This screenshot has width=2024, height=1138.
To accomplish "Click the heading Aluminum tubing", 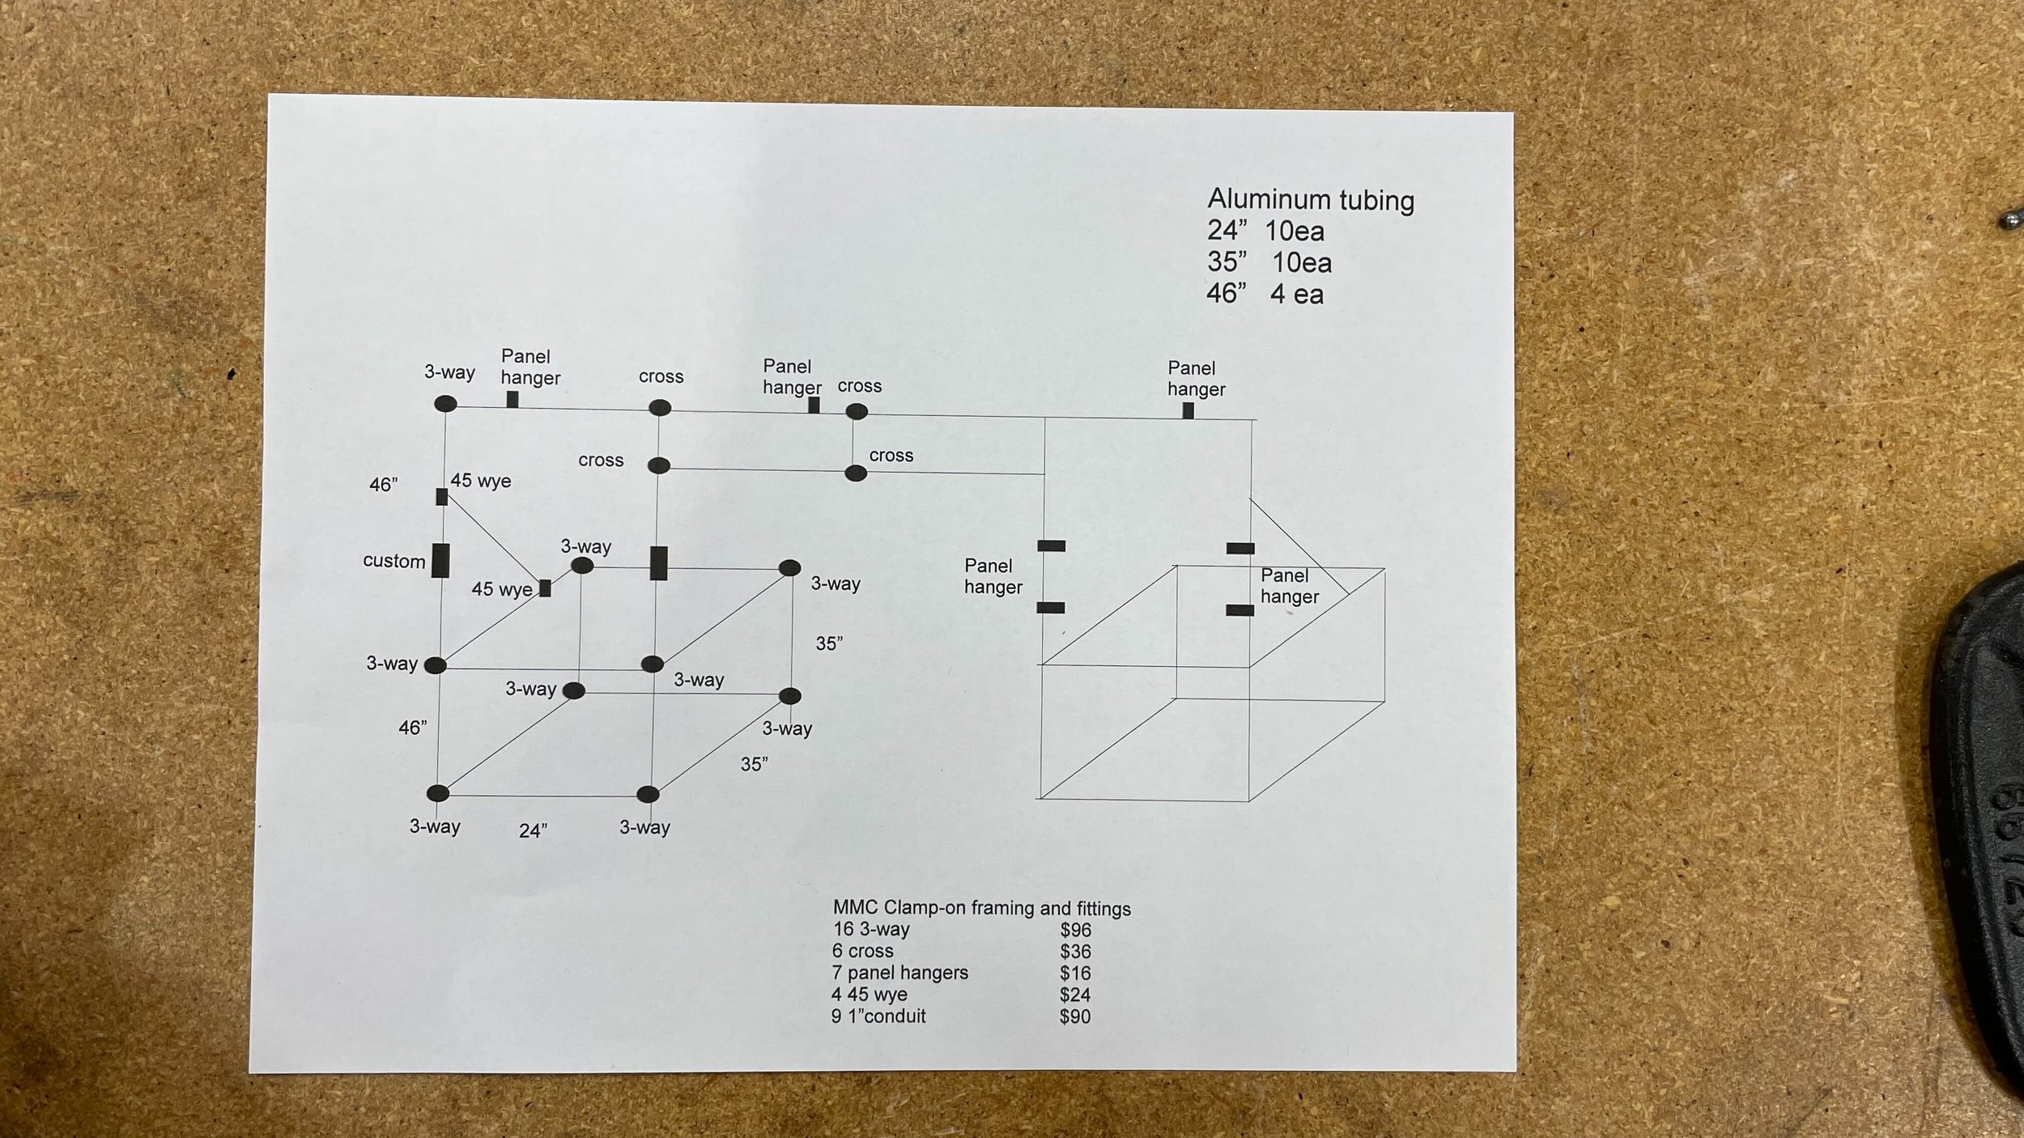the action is pos(1311,200).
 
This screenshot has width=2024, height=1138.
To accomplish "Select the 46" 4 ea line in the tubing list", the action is pos(1265,293).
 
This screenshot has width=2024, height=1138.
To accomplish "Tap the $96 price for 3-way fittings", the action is pos(1075,930).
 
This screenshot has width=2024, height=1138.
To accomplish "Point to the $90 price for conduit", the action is pos(1074,1017).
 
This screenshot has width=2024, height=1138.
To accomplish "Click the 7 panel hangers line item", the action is pos(900,973).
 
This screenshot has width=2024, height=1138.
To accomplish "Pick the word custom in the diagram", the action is pos(394,562).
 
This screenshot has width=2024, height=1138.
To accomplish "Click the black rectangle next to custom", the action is pos(440,560).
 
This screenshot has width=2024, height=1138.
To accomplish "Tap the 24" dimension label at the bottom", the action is pos(533,831).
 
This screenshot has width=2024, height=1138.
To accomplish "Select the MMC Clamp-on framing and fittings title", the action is pos(981,908).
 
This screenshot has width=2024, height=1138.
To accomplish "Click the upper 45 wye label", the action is pos(481,481).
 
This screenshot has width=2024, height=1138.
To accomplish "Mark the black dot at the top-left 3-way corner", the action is pos(445,404).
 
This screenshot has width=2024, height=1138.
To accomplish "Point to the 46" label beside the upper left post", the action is pos(383,485).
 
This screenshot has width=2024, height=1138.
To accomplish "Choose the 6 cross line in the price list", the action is pos(862,951).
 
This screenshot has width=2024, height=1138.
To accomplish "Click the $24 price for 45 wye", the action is pos(1074,995).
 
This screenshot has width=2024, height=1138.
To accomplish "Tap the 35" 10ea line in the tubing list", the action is pos(1269,262).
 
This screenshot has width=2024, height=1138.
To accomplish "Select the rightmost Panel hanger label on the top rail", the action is pos(1195,379).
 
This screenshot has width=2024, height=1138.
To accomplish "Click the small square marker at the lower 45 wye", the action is pos(545,588).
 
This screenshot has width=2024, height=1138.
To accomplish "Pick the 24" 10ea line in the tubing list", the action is pos(1265,231).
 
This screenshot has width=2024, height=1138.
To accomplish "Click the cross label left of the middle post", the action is pos(601,461).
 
